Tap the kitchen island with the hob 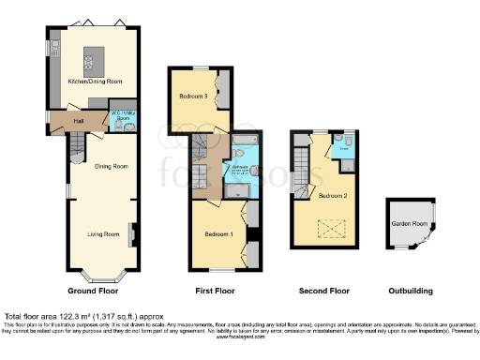(96, 58)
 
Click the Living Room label (103, 233)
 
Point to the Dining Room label (111, 167)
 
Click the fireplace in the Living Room (133, 234)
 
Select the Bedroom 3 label (194, 97)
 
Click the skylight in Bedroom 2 (331, 227)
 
